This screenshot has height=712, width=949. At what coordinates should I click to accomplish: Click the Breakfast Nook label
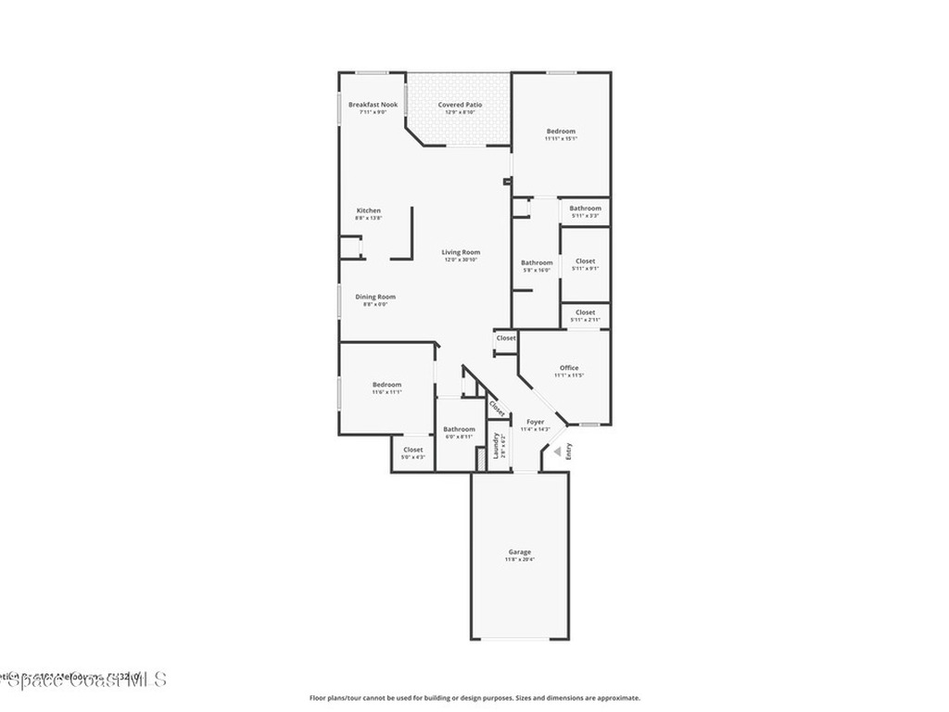373,105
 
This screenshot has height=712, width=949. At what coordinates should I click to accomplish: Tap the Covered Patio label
460,105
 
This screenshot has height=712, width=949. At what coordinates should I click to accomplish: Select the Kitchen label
369,210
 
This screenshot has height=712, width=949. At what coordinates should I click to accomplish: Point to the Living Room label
461,252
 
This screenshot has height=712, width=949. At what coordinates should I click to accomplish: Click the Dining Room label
375,297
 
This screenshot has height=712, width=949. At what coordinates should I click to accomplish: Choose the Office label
568,368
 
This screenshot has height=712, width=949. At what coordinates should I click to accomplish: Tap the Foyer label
536,422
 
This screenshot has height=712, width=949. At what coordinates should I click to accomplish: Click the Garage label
519,552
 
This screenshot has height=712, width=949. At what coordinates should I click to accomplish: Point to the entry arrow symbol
558,451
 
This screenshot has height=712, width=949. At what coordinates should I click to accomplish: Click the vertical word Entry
569,451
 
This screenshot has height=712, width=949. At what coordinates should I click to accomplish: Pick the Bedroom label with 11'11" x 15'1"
561,132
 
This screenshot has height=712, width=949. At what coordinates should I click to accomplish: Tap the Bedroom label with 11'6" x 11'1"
386,385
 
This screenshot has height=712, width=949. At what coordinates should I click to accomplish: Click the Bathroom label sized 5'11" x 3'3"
585,209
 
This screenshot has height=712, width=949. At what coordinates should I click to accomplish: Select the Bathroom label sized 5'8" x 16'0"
537,262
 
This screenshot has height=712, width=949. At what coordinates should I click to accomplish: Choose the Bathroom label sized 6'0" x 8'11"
459,429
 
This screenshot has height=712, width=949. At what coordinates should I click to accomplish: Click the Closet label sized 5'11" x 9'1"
585,261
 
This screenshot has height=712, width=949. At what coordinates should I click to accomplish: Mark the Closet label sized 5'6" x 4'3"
412,450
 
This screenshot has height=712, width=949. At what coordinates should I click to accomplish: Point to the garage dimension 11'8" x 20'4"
519,560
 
